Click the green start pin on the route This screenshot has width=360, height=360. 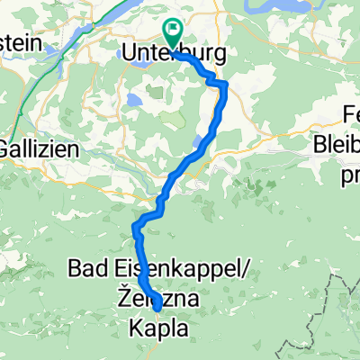point(171,31)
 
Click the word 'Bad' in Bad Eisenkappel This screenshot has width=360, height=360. point(89,267)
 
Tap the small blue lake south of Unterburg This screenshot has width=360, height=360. point(134,101)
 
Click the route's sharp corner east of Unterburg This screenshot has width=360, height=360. point(223,83)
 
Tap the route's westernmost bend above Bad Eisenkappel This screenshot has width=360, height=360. point(135,225)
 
